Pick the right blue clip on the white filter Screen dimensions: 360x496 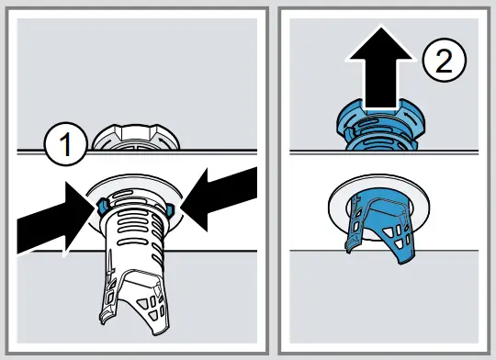coord(171,210)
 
